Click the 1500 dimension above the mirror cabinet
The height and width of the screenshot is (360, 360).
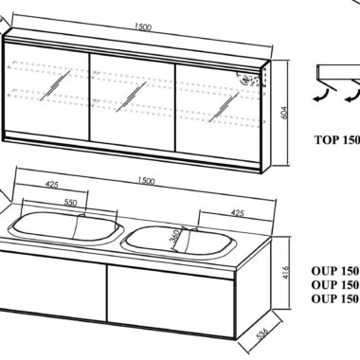[143, 27]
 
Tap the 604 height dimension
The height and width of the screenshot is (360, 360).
[284, 112]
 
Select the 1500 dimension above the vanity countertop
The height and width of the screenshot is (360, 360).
[147, 181]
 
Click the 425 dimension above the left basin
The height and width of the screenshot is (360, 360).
[52, 184]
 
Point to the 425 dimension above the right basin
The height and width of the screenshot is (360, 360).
[237, 213]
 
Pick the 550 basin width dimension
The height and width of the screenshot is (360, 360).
[70, 202]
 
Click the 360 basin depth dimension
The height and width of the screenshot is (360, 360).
[174, 236]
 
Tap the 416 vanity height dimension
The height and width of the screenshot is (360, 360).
[284, 272]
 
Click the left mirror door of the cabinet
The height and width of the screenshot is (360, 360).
[46, 91]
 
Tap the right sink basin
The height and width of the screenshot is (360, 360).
[179, 241]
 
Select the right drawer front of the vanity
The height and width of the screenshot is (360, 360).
[171, 297]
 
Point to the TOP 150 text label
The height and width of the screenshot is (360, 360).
[337, 139]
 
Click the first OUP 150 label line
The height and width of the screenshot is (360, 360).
[335, 271]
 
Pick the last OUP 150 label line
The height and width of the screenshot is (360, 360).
[335, 298]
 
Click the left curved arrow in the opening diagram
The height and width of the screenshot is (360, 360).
[322, 96]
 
